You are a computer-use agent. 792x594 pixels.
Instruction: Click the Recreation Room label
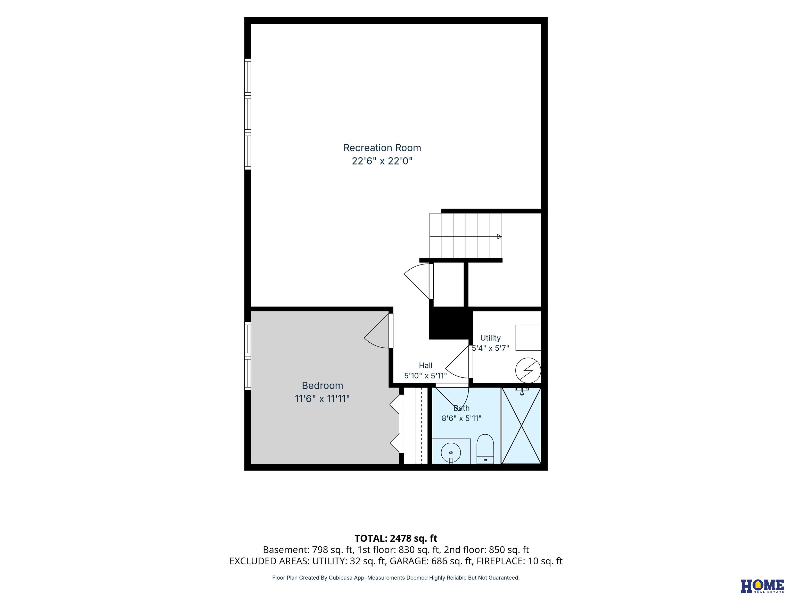(x=382, y=148)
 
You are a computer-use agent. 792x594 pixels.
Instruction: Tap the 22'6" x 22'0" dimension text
(x=382, y=161)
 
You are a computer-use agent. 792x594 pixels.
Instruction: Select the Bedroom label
(x=322, y=386)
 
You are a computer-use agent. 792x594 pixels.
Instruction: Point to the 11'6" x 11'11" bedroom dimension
(x=322, y=399)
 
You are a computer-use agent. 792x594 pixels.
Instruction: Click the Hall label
(x=426, y=366)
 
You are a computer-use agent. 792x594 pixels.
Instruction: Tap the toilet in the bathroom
(x=485, y=449)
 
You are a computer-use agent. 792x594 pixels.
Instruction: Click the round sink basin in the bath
(x=451, y=453)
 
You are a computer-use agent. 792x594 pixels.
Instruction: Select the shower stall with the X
(x=521, y=426)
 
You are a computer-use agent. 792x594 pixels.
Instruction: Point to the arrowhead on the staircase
(x=499, y=237)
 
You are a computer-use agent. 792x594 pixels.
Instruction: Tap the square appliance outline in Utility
(x=528, y=338)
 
